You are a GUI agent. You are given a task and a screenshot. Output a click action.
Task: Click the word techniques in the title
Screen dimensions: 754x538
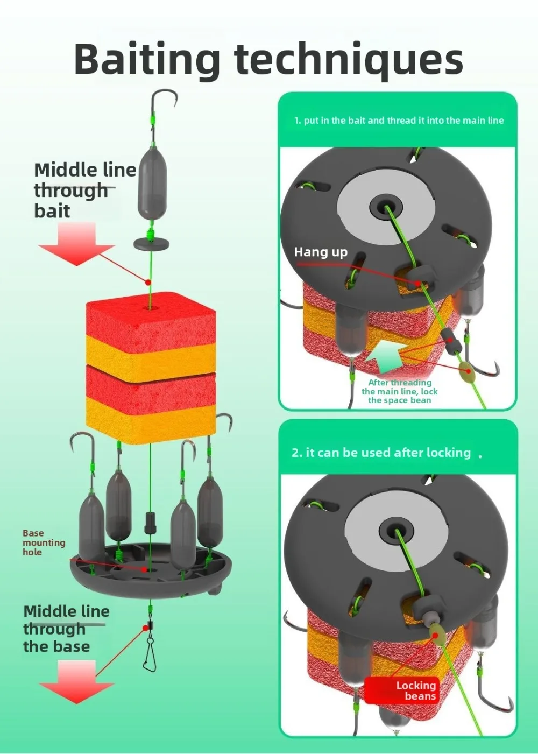click(x=349, y=59)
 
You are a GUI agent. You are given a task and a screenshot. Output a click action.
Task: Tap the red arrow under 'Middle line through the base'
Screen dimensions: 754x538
click(x=76, y=682)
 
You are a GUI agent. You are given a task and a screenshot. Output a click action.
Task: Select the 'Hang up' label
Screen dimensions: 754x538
click(x=321, y=252)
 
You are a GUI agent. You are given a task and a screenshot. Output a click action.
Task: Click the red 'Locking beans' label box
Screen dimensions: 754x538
click(x=402, y=690)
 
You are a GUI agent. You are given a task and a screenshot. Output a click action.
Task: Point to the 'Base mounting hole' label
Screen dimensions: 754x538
click(x=44, y=542)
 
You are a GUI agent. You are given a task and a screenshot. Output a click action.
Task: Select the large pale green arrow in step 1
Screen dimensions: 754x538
click(x=385, y=355)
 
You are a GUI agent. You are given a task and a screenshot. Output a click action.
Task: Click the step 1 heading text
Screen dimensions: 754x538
click(x=399, y=121)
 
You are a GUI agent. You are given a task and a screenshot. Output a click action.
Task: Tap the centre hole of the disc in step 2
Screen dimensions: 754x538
click(x=395, y=527)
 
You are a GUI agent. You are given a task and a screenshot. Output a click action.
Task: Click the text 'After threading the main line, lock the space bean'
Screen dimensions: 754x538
click(x=399, y=391)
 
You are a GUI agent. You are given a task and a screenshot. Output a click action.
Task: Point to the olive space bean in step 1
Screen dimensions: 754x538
click(x=466, y=369)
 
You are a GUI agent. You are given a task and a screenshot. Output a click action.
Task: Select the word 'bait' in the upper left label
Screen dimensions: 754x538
click(x=52, y=210)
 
